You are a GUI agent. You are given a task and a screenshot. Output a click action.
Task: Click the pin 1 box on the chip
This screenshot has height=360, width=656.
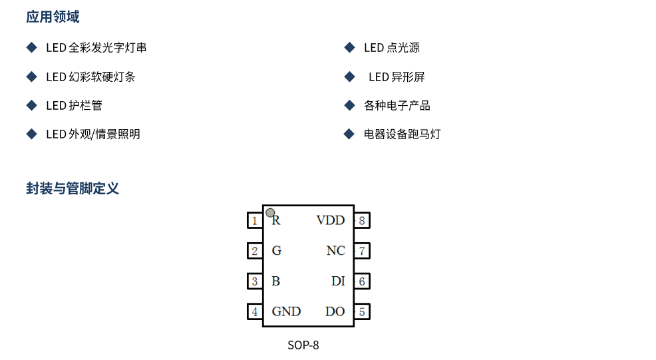[x=254, y=220]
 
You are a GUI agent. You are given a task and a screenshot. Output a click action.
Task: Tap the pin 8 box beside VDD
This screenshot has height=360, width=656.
[x=362, y=220]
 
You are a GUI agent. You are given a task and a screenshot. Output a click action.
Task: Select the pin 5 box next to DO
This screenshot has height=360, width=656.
[x=362, y=311]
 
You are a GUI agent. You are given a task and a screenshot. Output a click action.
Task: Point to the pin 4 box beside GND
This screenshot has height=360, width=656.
[x=254, y=311]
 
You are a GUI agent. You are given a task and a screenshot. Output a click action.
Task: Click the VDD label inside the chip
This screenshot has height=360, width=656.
[x=331, y=220]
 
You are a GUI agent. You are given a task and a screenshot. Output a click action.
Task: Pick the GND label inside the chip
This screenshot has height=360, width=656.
[x=286, y=311]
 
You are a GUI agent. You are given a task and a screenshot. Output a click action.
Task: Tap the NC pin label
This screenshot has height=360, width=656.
[x=336, y=251]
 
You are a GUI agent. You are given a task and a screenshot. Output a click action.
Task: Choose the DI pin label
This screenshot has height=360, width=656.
[x=338, y=281]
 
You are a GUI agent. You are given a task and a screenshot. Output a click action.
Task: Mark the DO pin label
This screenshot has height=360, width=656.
[x=335, y=311]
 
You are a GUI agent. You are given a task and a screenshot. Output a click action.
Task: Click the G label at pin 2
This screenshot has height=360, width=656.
[x=277, y=251]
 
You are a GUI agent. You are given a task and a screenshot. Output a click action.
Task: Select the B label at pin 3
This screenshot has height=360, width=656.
[x=276, y=281]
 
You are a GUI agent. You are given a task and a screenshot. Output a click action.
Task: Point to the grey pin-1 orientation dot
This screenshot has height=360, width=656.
[x=270, y=213]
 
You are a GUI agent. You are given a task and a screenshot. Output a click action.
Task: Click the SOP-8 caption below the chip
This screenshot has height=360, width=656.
[x=303, y=345]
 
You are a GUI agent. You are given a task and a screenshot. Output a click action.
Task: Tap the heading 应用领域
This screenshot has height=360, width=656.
[x=53, y=17]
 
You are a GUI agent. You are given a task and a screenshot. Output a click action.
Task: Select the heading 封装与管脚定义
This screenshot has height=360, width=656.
[x=73, y=188]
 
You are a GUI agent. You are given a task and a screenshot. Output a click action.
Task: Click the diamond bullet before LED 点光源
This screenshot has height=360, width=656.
[x=349, y=47]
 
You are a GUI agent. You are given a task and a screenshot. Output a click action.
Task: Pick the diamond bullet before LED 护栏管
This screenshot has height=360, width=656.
[x=31, y=105]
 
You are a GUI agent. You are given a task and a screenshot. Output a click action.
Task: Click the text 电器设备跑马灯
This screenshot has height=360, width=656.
[x=402, y=134]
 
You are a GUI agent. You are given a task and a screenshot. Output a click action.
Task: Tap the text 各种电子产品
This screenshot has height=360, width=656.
[x=397, y=106]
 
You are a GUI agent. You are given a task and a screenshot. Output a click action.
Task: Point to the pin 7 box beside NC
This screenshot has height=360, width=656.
[x=362, y=251]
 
